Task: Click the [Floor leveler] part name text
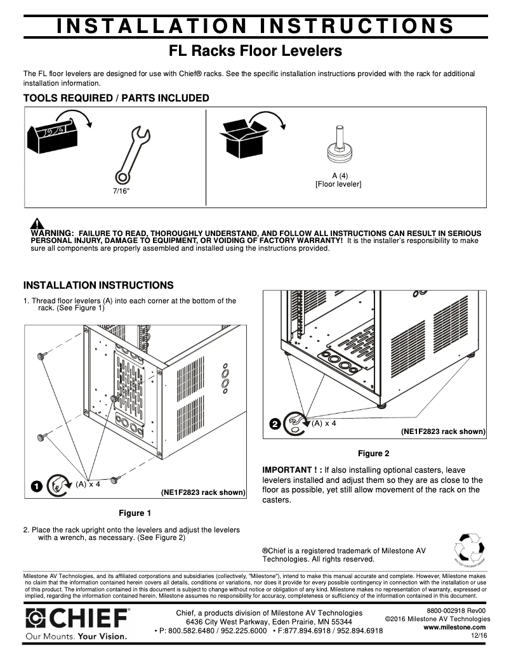pyautogui.click(x=338, y=184)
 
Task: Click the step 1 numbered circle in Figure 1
pyautogui.click(x=37, y=486)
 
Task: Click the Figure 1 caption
pyautogui.click(x=135, y=513)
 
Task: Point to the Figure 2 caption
pyautogui.click(x=373, y=453)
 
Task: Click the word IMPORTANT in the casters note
pyautogui.click(x=287, y=470)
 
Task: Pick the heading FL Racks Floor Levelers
pyautogui.click(x=255, y=50)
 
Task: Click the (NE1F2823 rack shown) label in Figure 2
pyautogui.click(x=442, y=431)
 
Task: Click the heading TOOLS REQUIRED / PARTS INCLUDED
pyautogui.click(x=116, y=98)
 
